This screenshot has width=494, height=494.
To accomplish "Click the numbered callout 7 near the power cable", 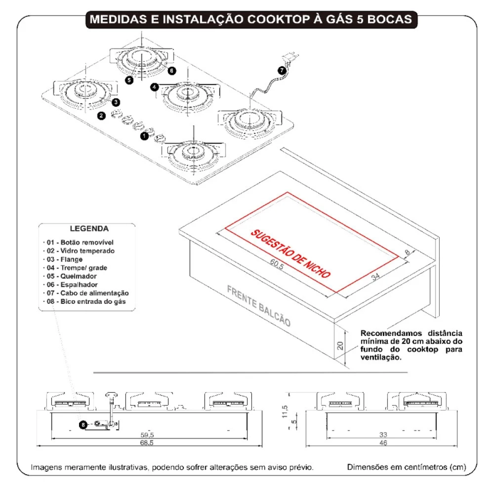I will [x=282, y=71].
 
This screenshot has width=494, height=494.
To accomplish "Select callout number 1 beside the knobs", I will [x=144, y=134].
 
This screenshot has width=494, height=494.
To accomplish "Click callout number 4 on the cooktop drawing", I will [x=155, y=87].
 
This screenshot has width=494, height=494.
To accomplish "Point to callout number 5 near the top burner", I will [x=129, y=80].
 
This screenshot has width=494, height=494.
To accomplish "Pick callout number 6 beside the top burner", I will [x=171, y=71].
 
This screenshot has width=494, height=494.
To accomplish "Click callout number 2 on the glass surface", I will [x=101, y=116].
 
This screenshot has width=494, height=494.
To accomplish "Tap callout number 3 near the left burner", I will [x=115, y=102].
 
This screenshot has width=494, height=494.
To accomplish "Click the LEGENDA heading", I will [x=89, y=229].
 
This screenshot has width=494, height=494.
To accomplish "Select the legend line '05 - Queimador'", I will [x=72, y=276].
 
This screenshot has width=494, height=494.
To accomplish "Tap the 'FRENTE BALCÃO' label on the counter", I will [x=258, y=305].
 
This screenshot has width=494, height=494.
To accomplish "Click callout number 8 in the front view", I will [x=82, y=424].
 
